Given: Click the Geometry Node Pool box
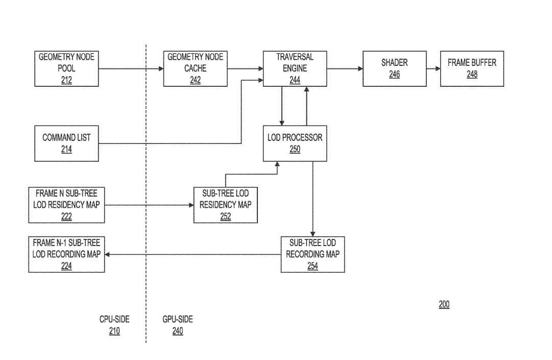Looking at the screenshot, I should tap(66, 68).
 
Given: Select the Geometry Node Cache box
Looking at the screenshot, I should tap(195, 68).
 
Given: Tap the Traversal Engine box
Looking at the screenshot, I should tap(295, 68).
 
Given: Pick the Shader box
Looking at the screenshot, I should tap(394, 68).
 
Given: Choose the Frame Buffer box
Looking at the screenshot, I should tap(472, 68).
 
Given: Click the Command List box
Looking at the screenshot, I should tap(66, 143).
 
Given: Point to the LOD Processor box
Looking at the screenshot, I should tap(295, 143).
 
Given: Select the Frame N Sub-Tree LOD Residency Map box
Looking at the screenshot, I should tap(66, 205).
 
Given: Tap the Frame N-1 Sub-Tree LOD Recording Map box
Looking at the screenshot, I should tap(66, 254).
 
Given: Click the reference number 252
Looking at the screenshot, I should tap(225, 217).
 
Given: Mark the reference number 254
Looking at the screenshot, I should tap(313, 266).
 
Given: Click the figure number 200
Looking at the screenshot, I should tap(444, 304).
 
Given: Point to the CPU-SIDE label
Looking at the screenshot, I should tap(114, 319).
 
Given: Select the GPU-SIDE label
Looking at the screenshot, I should tap(178, 319).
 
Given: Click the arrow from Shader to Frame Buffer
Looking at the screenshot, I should tap(433, 68).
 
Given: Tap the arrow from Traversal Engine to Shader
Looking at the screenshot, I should tap(345, 68).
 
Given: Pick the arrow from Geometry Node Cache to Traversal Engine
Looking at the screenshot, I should tap(245, 68).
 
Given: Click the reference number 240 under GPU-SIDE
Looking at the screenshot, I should tap(178, 331).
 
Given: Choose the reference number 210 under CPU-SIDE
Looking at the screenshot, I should tap(114, 331).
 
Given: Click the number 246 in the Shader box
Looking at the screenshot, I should tap(394, 75).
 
